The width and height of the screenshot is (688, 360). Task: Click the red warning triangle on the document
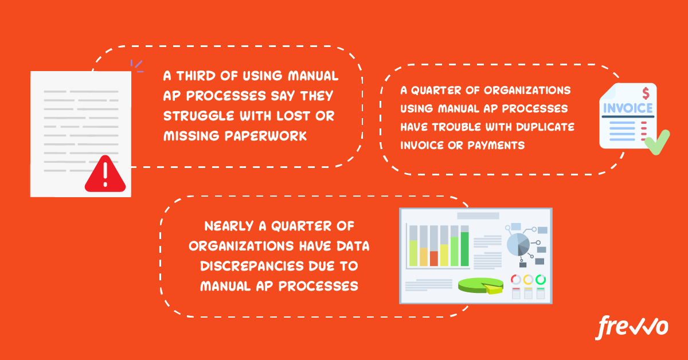tap(105, 174)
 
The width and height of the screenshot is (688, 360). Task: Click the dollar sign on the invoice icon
tap(646, 93)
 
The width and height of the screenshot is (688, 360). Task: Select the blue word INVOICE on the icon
tap(628, 108)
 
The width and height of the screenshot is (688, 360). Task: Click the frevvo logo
tap(631, 327)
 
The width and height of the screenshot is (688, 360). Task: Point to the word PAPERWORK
tap(265, 136)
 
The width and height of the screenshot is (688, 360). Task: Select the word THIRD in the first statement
tap(196, 76)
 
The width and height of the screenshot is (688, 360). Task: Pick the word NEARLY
tap(229, 226)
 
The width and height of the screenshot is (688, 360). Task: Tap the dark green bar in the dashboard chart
tap(465, 249)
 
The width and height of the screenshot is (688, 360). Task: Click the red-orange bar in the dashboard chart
tap(433, 259)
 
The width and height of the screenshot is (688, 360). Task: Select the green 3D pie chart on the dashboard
tap(480, 285)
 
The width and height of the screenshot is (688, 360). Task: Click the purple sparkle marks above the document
tap(137, 66)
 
